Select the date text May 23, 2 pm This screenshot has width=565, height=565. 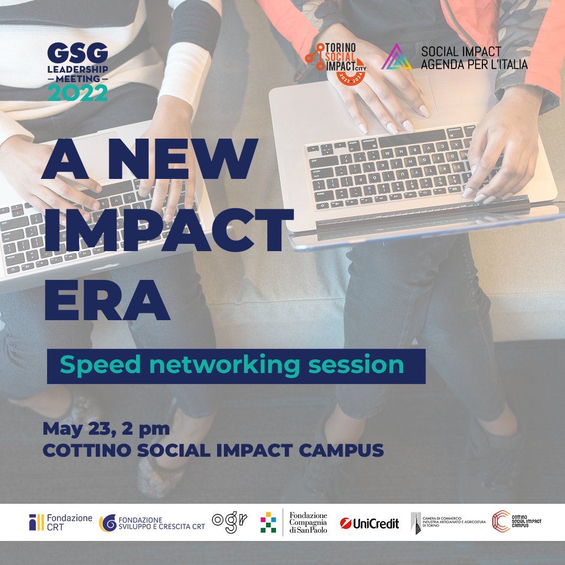tap(106, 429)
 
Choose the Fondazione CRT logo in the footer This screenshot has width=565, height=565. tap(60, 522)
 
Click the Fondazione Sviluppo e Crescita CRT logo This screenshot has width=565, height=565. tap(152, 523)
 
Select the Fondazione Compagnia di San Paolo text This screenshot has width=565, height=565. tap(308, 522)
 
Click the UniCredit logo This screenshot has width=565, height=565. tap(369, 523)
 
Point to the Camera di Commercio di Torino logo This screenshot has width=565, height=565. tap(448, 523)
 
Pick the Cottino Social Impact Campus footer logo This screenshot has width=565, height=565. tap(516, 522)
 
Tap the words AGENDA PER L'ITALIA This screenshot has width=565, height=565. tap(474, 64)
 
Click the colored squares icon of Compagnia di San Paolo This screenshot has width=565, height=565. tap(268, 522)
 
